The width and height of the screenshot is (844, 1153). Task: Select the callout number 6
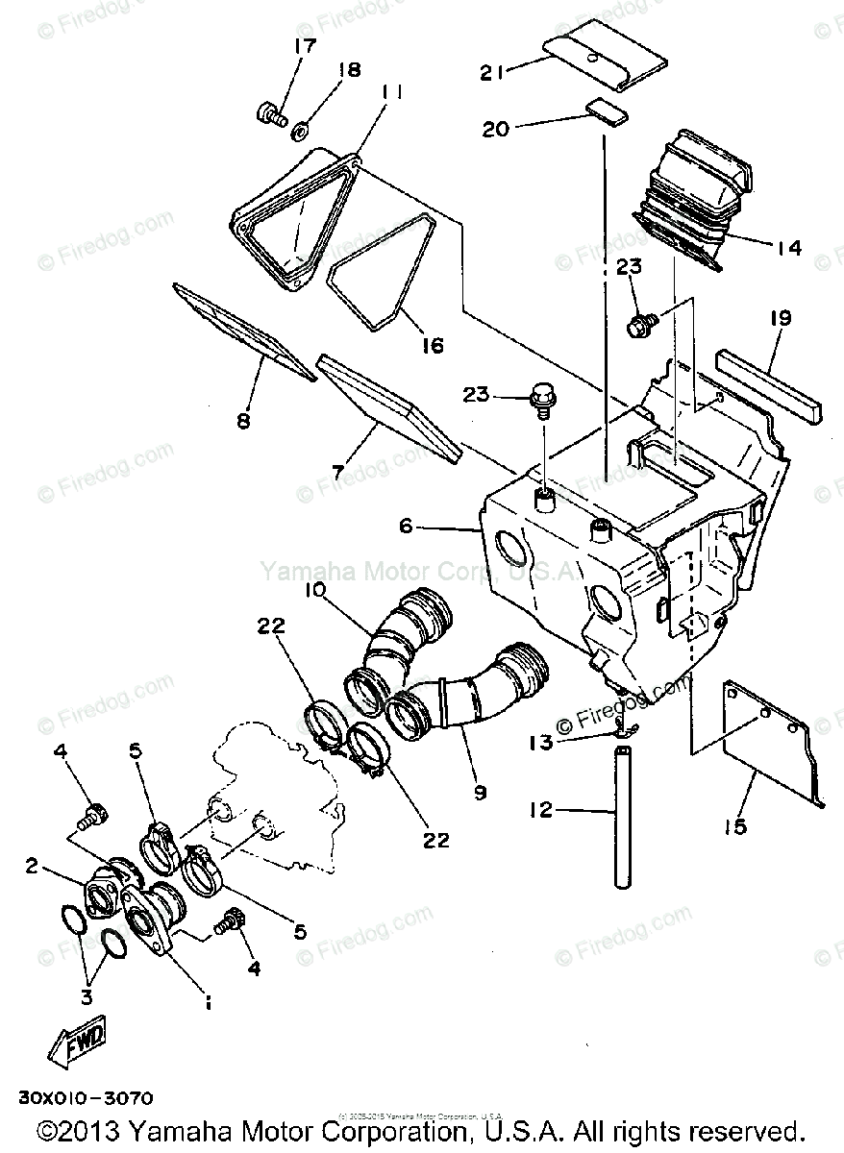(x=405, y=527)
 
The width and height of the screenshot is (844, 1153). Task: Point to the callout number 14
(x=788, y=247)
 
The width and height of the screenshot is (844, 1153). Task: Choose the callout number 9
(x=480, y=793)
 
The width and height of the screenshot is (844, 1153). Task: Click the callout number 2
(x=33, y=868)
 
